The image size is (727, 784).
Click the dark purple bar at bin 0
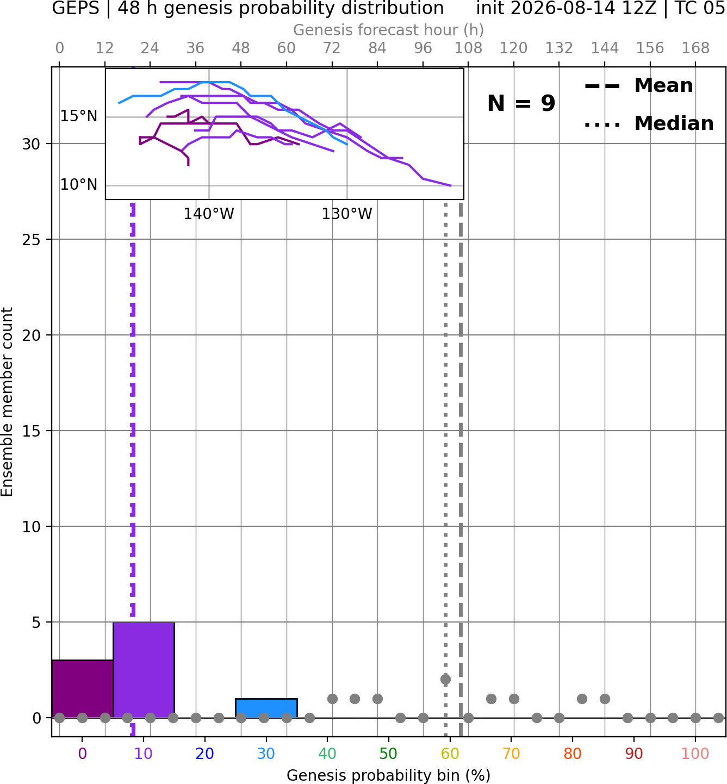(x=83, y=689)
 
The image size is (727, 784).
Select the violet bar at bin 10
(x=144, y=670)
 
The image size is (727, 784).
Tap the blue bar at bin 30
(x=266, y=708)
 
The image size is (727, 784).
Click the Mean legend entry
(x=638, y=86)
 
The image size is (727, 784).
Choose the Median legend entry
(x=649, y=123)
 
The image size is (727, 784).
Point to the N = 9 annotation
(x=521, y=103)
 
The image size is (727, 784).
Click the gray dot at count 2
(x=445, y=680)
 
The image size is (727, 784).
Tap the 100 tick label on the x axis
(x=695, y=754)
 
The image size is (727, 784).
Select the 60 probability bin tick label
(x=450, y=754)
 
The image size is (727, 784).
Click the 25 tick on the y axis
(x=32, y=240)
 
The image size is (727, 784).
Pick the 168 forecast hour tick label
(x=695, y=48)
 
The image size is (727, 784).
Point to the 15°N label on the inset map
(x=79, y=116)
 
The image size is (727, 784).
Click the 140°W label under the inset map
(x=209, y=214)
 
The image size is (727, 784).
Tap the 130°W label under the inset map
(x=347, y=214)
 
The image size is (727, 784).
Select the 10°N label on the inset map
(x=79, y=185)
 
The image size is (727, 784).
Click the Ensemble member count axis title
(x=7, y=402)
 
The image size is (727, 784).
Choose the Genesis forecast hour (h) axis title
(x=389, y=30)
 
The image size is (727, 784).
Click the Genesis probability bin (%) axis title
(x=389, y=775)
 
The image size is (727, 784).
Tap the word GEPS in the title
(x=76, y=8)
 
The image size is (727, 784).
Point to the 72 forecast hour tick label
(x=332, y=48)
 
